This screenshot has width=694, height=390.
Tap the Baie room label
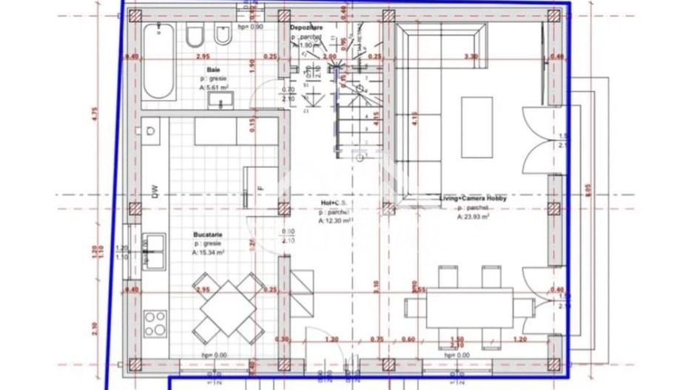[213, 70]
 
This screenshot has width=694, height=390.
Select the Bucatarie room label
[209, 234]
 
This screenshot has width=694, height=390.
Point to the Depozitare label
[307, 27]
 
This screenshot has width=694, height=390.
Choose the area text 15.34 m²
[210, 252]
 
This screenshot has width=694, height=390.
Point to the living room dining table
[470, 306]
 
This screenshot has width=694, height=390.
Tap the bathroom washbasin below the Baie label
[221, 101]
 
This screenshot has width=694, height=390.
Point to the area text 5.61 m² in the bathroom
[213, 87]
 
